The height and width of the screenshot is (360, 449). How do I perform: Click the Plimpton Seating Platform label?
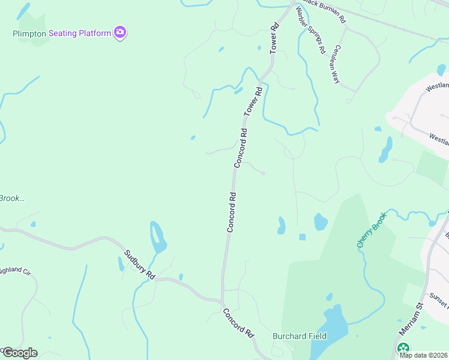(x=62, y=34)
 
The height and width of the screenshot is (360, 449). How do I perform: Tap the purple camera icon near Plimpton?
(x=120, y=32)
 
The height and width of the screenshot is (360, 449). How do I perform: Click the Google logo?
(x=19, y=353)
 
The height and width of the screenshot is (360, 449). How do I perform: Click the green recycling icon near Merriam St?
(x=403, y=348)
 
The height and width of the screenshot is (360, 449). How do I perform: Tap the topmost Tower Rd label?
(x=274, y=39)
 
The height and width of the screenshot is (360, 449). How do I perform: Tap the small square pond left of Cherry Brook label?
(x=302, y=237)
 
